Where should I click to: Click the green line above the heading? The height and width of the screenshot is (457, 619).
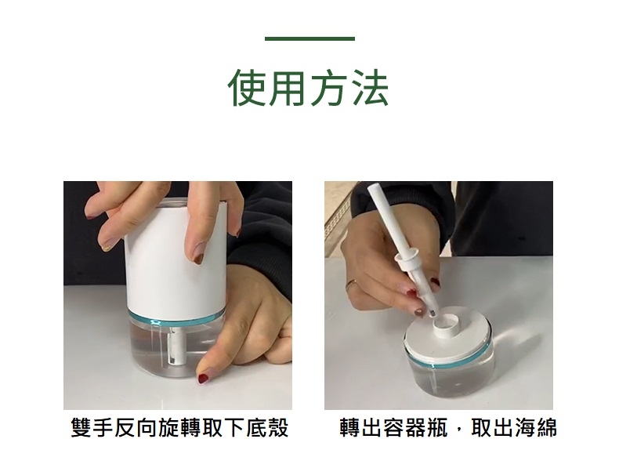tap(309, 38)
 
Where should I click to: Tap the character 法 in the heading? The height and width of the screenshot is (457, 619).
tap(370, 87)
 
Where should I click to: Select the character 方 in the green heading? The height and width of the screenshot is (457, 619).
tap(330, 87)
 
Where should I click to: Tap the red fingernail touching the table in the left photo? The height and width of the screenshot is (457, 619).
tap(203, 379)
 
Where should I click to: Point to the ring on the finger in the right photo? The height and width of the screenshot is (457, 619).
tap(351, 284)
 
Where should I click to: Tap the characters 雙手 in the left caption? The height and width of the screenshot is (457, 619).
tap(92, 427)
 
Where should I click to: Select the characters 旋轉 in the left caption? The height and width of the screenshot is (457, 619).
tap(179, 427)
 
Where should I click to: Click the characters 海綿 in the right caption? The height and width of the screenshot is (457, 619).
tap(536, 427)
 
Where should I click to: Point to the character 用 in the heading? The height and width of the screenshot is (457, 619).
tap(288, 87)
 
